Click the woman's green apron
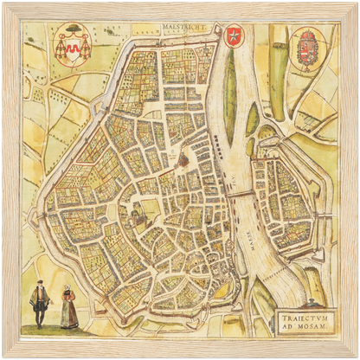coord(67,312)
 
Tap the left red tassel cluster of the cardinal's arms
coord(61,50)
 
